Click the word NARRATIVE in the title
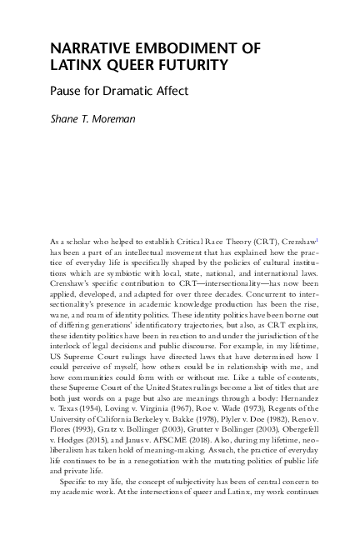(x=87, y=47)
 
